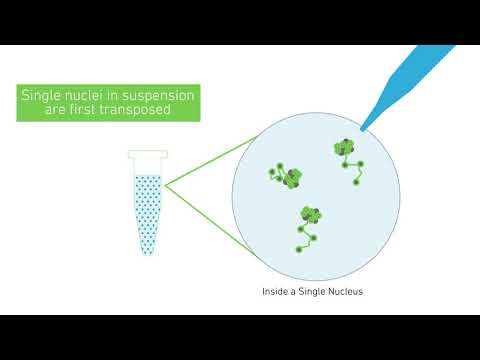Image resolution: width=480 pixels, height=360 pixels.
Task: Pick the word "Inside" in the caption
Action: click(272, 293)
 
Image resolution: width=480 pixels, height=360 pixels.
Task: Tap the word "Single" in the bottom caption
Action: click(312, 293)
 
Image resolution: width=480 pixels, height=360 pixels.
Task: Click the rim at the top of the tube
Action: click(145, 153)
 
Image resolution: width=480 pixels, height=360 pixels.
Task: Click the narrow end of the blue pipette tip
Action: click(364, 126)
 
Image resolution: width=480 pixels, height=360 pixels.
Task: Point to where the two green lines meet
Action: click(166, 185)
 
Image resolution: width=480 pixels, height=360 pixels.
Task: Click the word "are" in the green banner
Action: click(58, 112)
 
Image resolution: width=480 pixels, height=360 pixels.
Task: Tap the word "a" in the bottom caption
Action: click(293, 293)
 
